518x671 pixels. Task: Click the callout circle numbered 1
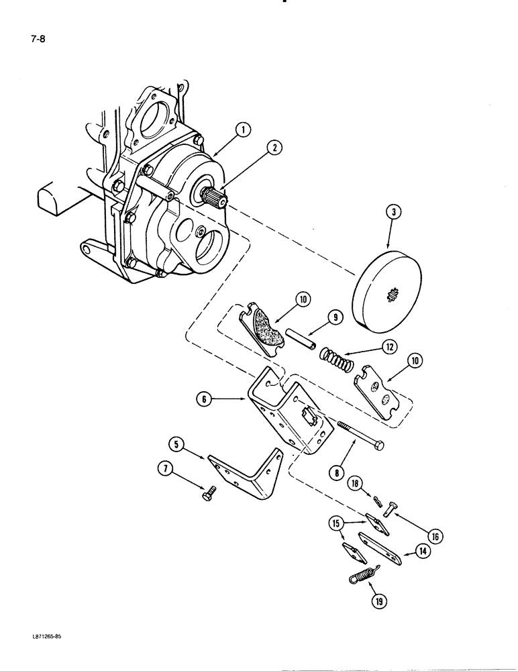tap(243, 128)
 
